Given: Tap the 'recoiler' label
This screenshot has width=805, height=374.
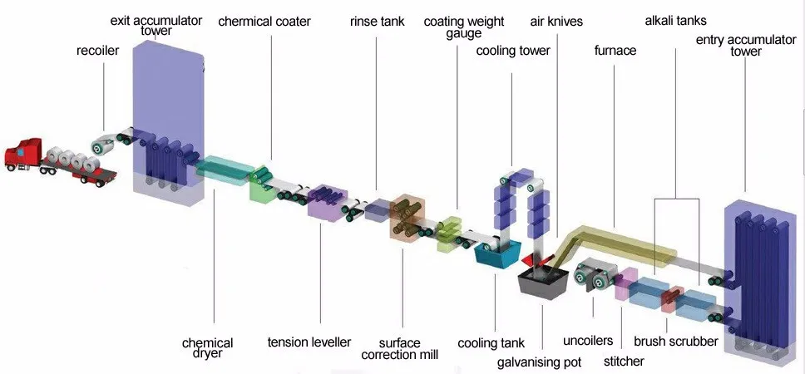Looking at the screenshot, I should tap(97, 51).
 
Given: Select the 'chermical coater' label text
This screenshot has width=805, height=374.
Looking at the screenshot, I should tap(264, 22).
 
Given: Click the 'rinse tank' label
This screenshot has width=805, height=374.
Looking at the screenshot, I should tap(377, 22).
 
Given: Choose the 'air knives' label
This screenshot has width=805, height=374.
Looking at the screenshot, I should tap(556, 22).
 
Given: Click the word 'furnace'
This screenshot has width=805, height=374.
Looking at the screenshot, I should tap(615, 51).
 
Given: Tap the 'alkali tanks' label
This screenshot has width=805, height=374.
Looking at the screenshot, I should tap(674, 20).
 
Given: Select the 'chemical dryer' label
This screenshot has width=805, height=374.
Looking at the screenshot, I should tap(207, 348).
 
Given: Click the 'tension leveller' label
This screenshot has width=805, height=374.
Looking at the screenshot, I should tap(309, 342).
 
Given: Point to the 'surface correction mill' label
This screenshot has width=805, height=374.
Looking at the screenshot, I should tap(399, 348).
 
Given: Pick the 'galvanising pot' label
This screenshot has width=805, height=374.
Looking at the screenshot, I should tap(539, 362).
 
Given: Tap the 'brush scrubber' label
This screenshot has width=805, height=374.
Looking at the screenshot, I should tap(675, 341).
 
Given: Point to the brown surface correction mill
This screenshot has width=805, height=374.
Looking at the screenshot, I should tap(407, 216).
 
